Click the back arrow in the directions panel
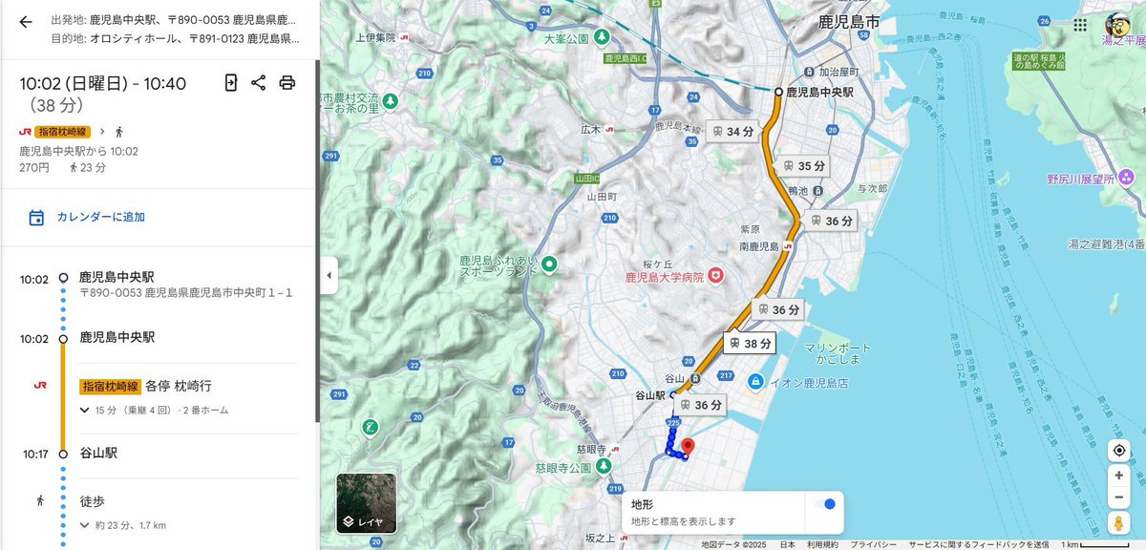pos(26,22)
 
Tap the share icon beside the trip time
pos(258,82)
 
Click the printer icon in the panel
pos(286,82)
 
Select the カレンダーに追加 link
pos(100,217)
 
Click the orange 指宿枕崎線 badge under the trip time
pos(63,132)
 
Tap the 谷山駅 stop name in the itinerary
pos(98,453)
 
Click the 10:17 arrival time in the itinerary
pos(35,454)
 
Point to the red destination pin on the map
pos(686,446)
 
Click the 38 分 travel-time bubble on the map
pos(751,343)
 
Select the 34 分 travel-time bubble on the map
pos(732,131)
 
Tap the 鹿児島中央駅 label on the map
pos(819,92)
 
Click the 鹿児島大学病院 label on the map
pos(664,277)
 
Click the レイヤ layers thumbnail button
pos(366,502)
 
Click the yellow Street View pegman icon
pos(1118,522)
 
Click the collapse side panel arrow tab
pos(329,275)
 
